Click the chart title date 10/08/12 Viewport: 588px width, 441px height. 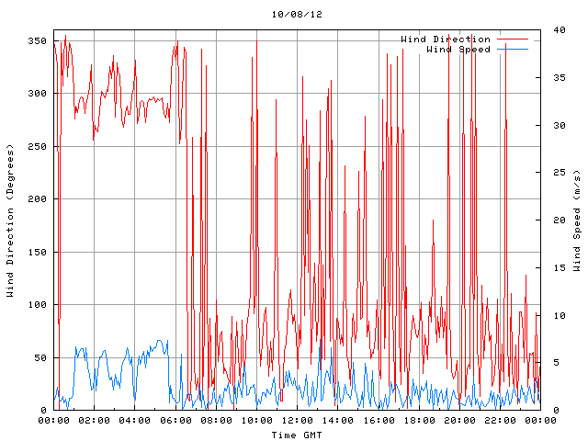tap(297, 15)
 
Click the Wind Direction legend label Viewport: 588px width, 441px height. tap(446, 39)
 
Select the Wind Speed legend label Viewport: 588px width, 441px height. tap(458, 49)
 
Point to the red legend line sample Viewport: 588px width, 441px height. tap(512, 39)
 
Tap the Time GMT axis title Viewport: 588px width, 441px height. tap(296, 434)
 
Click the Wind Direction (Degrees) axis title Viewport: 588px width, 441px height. tap(10, 220)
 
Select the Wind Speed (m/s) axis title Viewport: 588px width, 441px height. tap(577, 220)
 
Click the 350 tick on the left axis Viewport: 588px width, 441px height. tap(37, 40)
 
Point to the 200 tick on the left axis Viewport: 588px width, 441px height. tap(37, 198)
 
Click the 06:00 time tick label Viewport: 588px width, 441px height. tap(175, 421)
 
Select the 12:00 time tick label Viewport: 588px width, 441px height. tap(297, 421)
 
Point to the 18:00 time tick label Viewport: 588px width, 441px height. tap(419, 421)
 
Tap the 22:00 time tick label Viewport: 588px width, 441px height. tap(500, 421)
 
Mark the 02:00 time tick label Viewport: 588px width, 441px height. tap(95, 421)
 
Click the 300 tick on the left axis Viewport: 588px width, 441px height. tap(37, 94)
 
